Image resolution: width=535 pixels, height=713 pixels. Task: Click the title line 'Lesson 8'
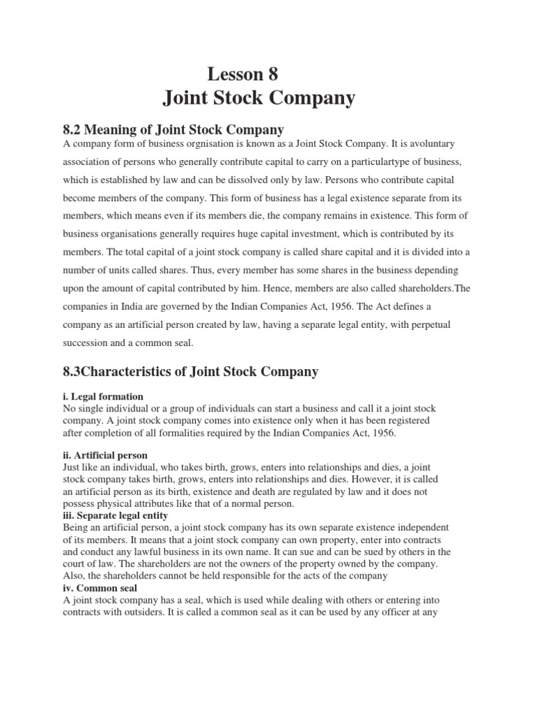(243, 73)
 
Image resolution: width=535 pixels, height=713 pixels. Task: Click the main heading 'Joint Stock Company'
(259, 98)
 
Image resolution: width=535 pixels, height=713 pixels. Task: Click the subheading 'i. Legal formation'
(102, 396)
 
